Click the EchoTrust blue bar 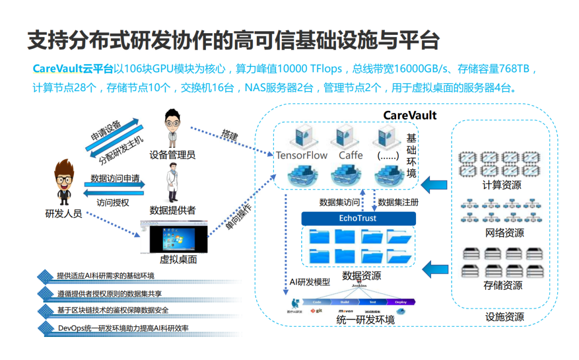[358, 218]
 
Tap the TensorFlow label [301, 155]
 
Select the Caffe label [351, 155]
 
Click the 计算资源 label [502, 185]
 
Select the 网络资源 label [504, 233]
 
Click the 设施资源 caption [504, 317]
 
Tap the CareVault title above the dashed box [410, 115]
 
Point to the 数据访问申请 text [115, 178]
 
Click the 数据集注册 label [398, 202]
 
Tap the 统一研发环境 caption [365, 320]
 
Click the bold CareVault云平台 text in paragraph [73, 69]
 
